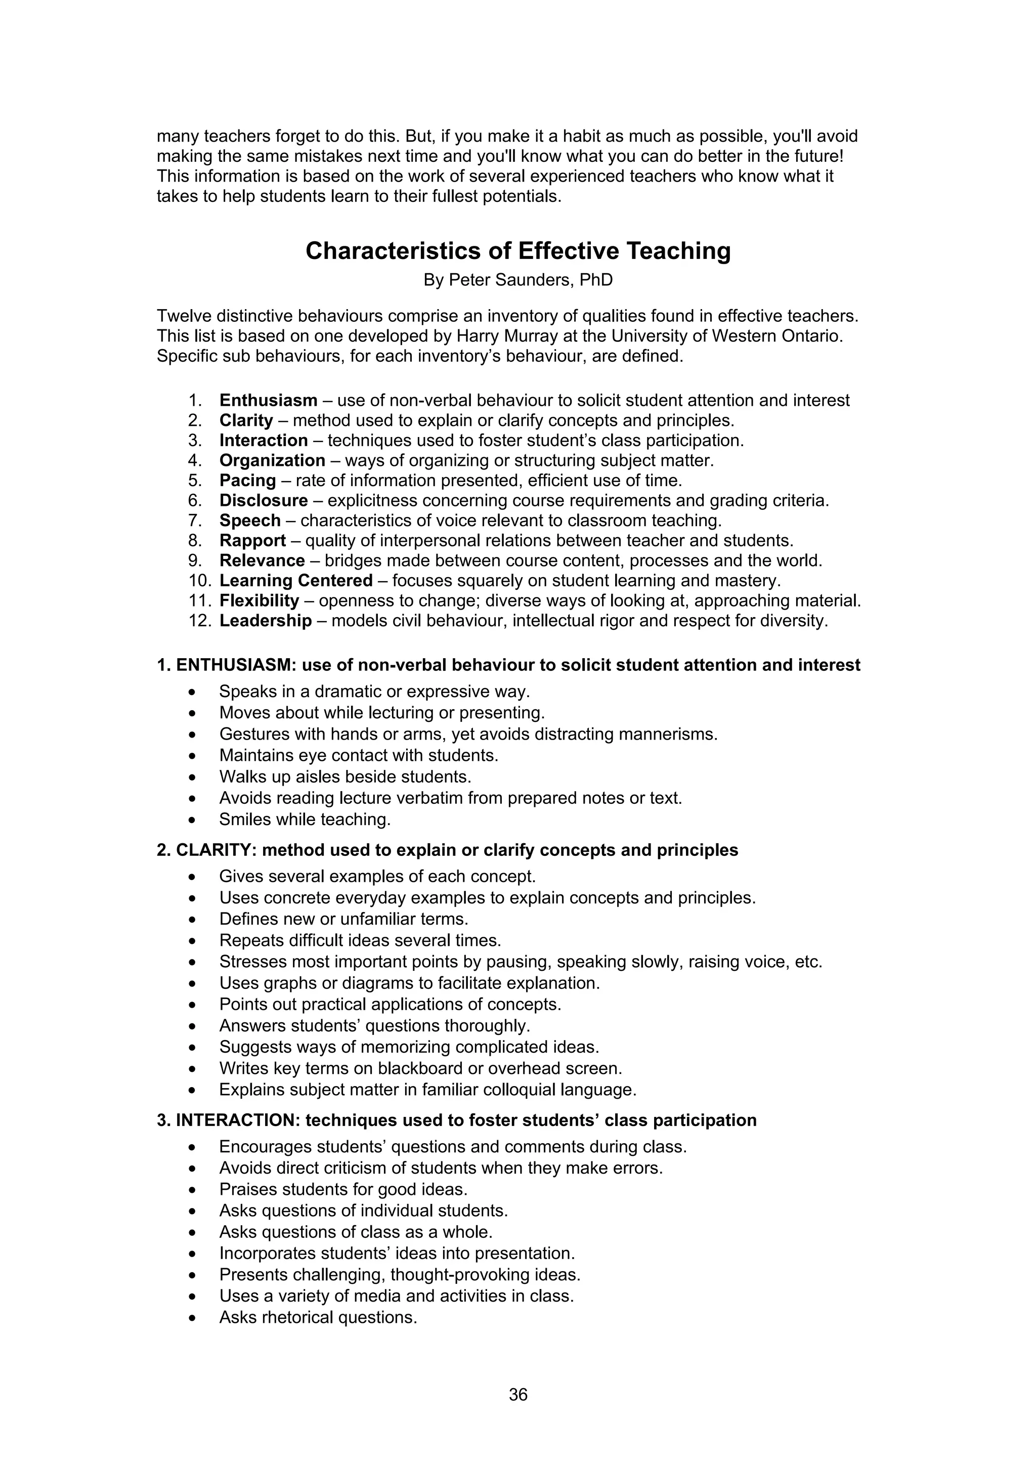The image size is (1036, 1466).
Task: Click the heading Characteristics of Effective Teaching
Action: pos(517,251)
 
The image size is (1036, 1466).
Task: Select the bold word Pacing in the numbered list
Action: pos(248,480)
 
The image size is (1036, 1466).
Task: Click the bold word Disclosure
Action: pos(264,501)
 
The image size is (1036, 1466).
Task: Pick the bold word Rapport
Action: pos(253,541)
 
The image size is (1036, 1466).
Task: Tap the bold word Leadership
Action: pos(266,621)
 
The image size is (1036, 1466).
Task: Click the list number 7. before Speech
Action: pos(195,521)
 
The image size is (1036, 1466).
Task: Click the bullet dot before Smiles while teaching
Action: pos(193,820)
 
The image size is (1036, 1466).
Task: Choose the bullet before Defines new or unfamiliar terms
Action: pos(193,920)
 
